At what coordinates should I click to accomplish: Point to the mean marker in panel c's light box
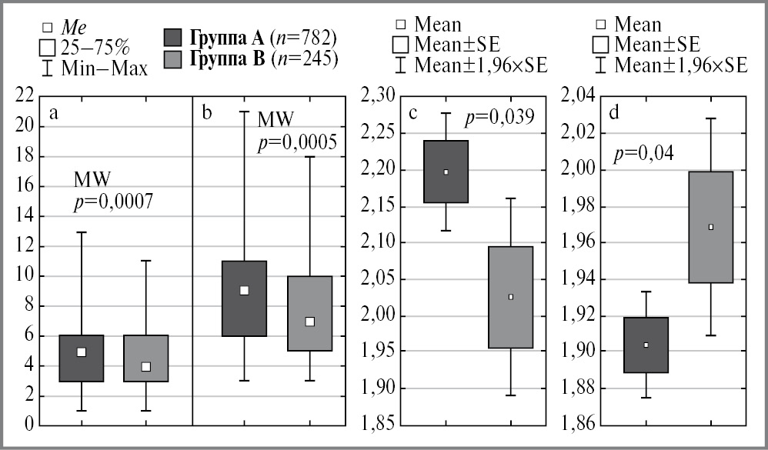coord(511,296)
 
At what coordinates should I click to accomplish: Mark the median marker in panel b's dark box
coord(244,290)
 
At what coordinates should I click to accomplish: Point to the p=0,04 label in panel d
coord(644,153)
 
